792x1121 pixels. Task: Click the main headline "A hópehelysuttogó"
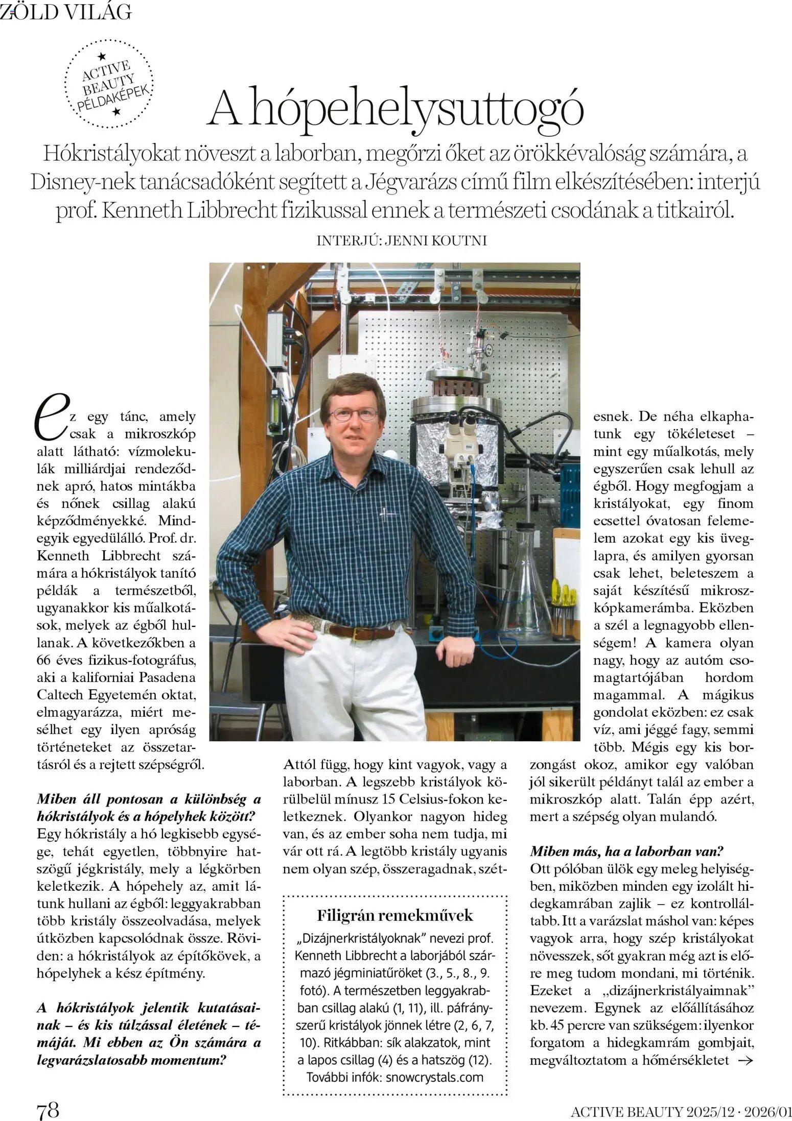396,108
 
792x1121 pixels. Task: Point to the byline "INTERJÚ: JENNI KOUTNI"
402,240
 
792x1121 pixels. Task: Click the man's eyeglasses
353,413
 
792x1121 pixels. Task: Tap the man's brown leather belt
361,632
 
